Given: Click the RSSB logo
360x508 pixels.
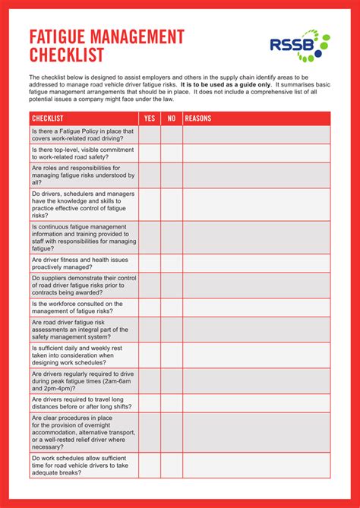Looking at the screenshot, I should (x=300, y=45).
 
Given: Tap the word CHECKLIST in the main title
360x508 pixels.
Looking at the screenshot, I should (x=67, y=55).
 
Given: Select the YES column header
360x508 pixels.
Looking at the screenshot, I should (x=149, y=118).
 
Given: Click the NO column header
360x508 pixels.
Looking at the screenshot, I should (x=172, y=118).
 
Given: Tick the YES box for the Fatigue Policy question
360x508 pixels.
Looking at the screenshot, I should (x=149, y=134).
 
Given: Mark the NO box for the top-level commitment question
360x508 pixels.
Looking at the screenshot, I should (x=172, y=153).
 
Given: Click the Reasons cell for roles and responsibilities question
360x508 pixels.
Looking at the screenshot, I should (x=256, y=175).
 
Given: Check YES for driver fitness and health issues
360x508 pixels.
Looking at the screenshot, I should (x=149, y=263).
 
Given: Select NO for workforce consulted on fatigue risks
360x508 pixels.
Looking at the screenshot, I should (x=172, y=307).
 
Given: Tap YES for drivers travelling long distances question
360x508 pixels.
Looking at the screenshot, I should (x=149, y=402).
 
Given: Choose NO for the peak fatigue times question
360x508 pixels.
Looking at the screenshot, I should (x=172, y=380).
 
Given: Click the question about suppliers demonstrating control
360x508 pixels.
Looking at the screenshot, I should (x=84, y=286).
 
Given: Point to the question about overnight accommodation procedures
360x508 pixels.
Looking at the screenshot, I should (x=84, y=433).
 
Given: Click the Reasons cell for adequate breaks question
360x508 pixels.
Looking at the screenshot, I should (x=256, y=465).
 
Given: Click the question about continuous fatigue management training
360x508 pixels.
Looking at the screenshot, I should (x=84, y=237).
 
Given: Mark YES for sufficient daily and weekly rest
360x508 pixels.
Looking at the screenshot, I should (x=149, y=355).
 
